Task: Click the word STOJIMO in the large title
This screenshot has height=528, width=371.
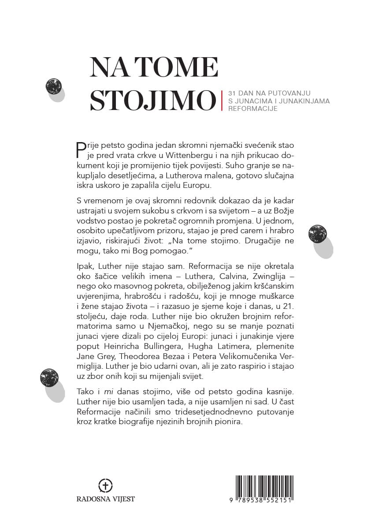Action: (x=153, y=101)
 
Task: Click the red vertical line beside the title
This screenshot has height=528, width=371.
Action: (x=222, y=100)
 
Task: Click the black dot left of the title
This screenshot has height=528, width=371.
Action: (x=53, y=86)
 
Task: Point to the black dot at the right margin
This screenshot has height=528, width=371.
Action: (x=317, y=233)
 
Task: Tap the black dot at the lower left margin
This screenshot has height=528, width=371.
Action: (x=49, y=377)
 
